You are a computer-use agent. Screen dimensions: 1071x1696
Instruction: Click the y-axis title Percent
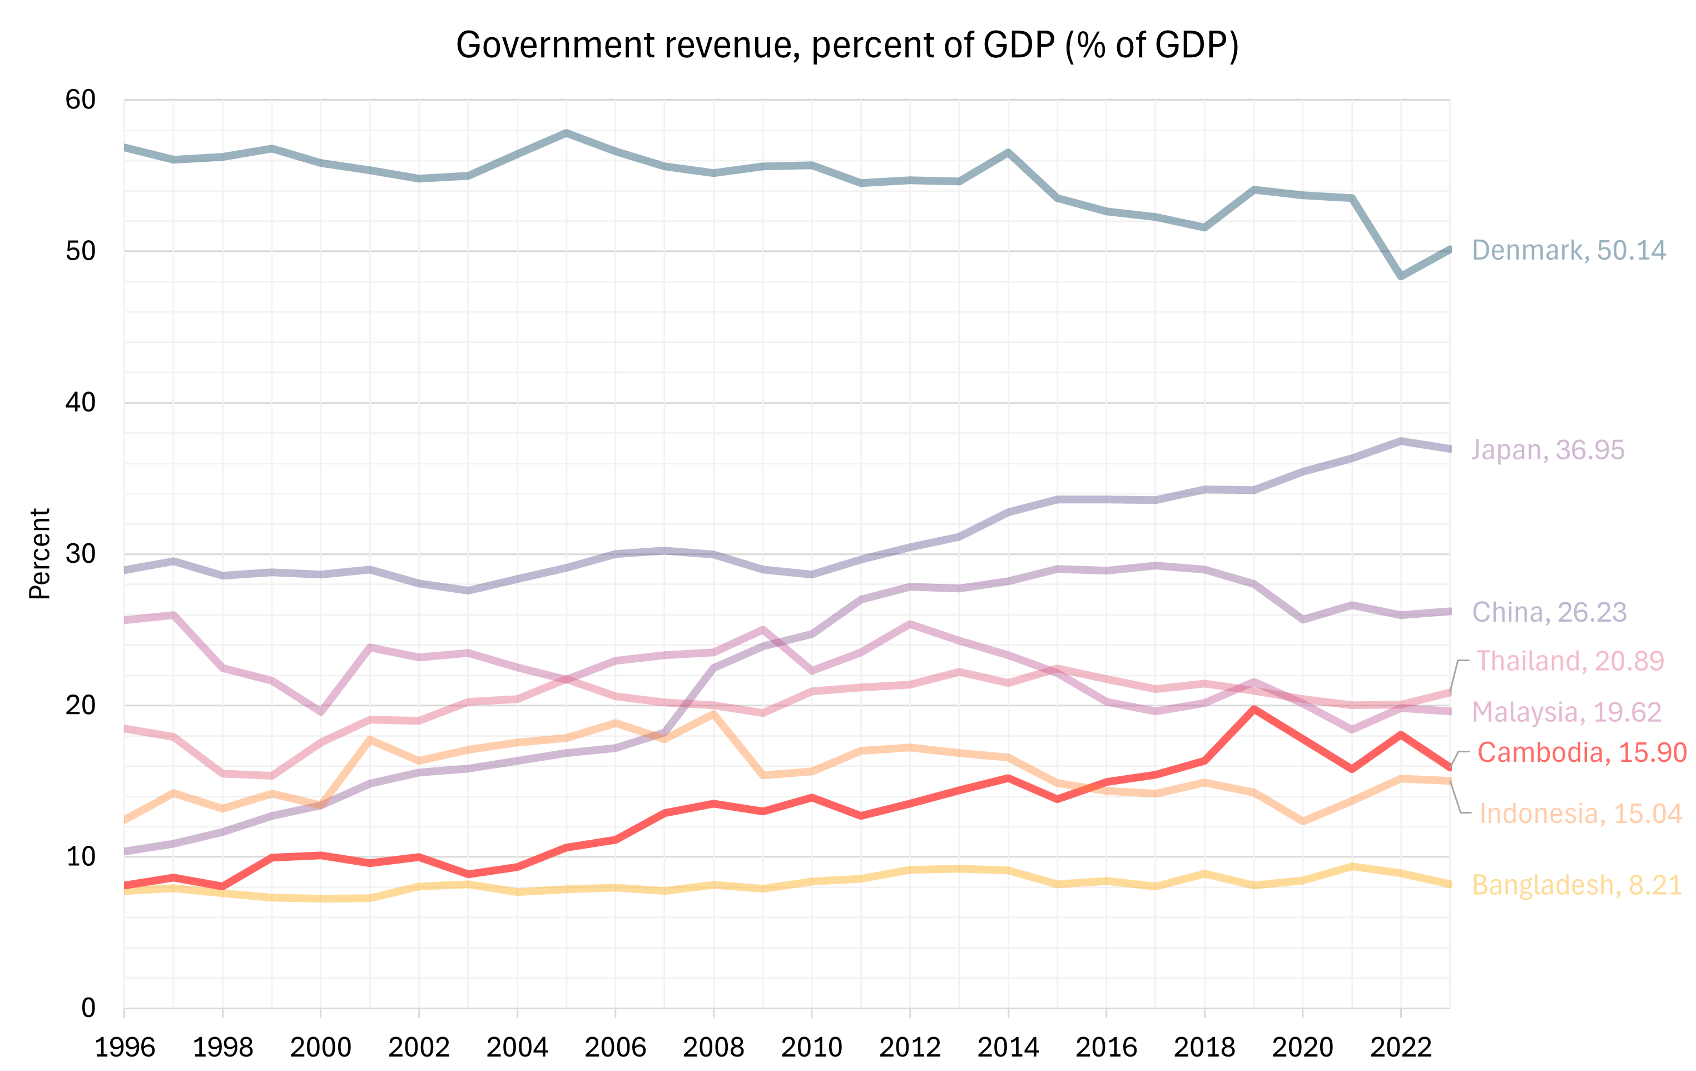click(40, 553)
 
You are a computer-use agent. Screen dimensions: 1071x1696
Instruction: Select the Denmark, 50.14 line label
click(1569, 250)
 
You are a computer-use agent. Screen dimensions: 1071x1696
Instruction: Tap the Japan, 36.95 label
click(1548, 449)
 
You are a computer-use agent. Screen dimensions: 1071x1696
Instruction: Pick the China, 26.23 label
click(1549, 612)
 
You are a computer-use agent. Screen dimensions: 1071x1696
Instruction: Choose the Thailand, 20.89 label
click(1569, 661)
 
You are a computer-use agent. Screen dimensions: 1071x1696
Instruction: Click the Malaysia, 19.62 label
click(1566, 712)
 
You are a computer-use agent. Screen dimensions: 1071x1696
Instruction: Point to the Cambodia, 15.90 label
click(1581, 752)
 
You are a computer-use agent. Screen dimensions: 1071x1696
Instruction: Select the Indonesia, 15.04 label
click(1580, 814)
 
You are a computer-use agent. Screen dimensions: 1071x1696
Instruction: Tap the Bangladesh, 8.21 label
click(1576, 884)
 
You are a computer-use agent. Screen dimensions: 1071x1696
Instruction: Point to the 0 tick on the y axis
click(88, 1008)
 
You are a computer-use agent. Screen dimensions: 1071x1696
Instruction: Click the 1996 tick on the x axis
click(125, 1047)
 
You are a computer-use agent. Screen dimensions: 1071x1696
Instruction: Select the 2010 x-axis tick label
click(811, 1047)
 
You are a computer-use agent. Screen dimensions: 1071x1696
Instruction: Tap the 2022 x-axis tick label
click(1400, 1047)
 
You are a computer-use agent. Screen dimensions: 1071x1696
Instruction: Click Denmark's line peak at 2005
click(566, 132)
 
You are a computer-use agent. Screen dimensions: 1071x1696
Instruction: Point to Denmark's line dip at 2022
click(1400, 276)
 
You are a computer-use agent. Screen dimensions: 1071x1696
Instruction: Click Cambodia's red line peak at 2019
click(1254, 709)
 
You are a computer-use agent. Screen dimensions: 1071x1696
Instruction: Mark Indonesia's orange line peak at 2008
click(713, 714)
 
